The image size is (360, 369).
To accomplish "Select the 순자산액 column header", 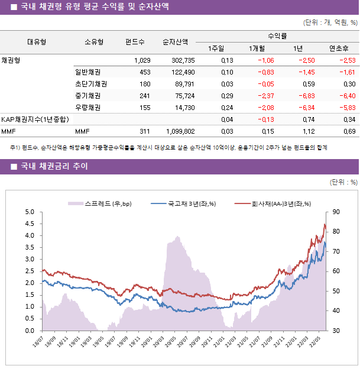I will pos(176,42).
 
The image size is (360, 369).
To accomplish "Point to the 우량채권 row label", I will pos(87,108).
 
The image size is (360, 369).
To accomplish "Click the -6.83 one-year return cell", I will pos(304,96).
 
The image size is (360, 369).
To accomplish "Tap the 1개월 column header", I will pos(257,48).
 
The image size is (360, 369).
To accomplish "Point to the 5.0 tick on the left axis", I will pos(30,212).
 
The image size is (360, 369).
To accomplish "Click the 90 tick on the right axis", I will pos(336,212).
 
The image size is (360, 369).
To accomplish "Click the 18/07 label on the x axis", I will pos(38,344).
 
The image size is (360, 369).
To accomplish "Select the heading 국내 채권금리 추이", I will pos(54,167).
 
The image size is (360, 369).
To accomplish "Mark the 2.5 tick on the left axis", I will pos(30,271).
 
